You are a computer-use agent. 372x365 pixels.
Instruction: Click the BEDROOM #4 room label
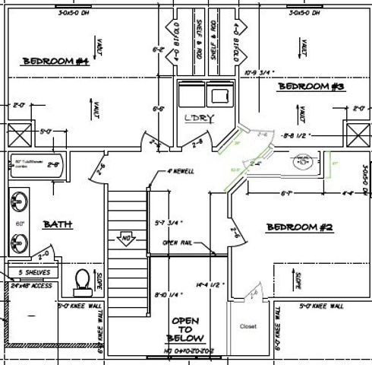click(56, 62)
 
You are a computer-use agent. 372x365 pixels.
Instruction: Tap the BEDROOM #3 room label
click(311, 87)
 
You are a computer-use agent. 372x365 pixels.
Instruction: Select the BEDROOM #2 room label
click(299, 227)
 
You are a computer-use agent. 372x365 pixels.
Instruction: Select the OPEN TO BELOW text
click(185, 329)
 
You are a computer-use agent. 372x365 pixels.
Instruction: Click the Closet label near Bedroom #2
click(248, 327)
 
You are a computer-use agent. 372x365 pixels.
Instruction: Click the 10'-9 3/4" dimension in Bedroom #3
click(261, 73)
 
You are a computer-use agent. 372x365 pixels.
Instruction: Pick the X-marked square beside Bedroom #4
click(19, 135)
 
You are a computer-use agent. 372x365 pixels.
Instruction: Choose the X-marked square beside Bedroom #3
click(355, 135)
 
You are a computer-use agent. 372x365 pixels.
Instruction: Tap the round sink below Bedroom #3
click(304, 160)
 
